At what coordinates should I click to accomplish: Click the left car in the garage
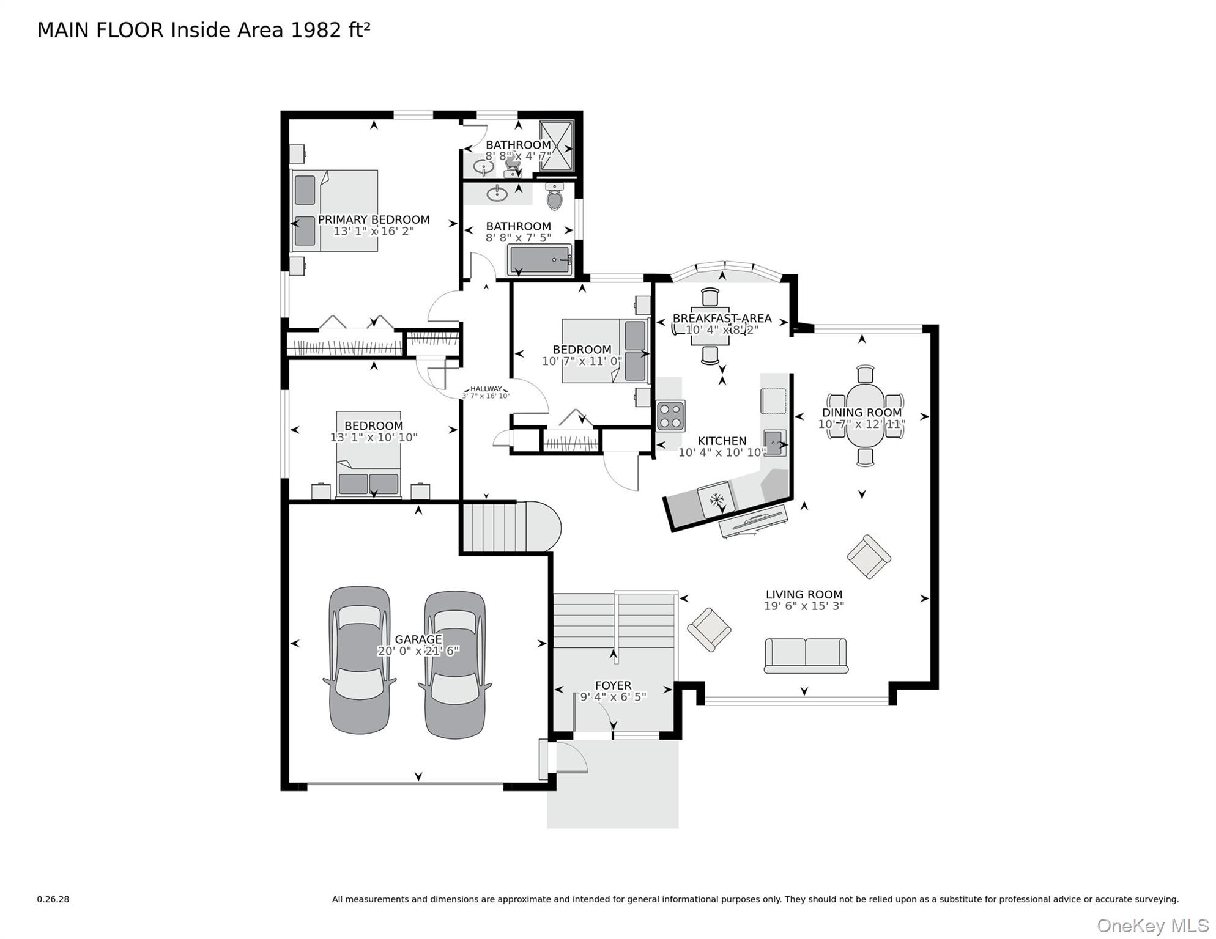pyautogui.click(x=360, y=660)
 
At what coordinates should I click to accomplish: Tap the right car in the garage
pyautogui.click(x=455, y=665)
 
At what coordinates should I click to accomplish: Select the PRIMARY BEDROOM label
pyautogui.click(x=374, y=220)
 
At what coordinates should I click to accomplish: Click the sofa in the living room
pyautogui.click(x=806, y=655)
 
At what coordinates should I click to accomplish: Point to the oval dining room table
pyautogui.click(x=865, y=416)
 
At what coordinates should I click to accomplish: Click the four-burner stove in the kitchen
pyautogui.click(x=670, y=416)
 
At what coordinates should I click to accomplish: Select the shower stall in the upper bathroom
pyautogui.click(x=557, y=145)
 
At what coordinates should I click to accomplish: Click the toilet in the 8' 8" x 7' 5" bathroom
pyautogui.click(x=554, y=197)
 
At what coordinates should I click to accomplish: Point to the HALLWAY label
pyautogui.click(x=486, y=389)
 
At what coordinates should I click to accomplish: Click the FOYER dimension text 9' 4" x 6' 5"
pyautogui.click(x=613, y=697)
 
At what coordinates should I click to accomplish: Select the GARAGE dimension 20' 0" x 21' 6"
pyautogui.click(x=418, y=651)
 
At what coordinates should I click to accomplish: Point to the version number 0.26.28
pyautogui.click(x=53, y=899)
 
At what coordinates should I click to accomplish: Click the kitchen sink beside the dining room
pyautogui.click(x=775, y=443)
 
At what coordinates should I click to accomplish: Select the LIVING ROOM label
pyautogui.click(x=804, y=594)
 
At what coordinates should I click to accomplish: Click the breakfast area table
pyautogui.click(x=710, y=326)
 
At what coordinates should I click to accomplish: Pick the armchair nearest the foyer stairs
pyautogui.click(x=709, y=629)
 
